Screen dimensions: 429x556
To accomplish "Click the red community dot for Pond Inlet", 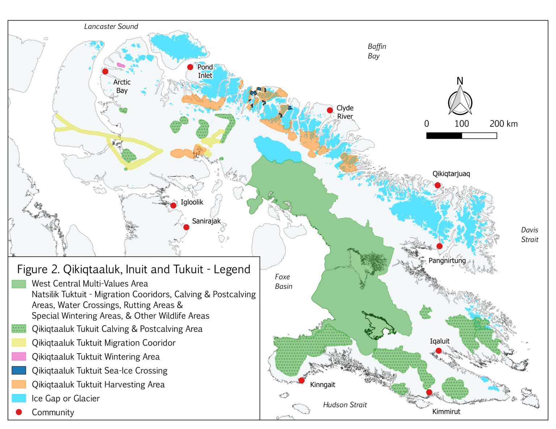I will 190,67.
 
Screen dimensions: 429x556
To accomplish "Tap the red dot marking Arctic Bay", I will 105,72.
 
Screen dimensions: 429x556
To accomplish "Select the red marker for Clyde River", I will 330,110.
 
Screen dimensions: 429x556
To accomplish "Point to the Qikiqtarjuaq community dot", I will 438,185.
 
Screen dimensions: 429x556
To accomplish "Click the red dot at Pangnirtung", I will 439,246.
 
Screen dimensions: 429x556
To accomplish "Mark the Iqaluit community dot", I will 438,351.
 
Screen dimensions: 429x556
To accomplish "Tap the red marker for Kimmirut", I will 429,392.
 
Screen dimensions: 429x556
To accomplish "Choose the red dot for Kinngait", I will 302,381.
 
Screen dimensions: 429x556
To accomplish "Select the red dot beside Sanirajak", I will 186,227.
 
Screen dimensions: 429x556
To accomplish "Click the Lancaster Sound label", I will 111,26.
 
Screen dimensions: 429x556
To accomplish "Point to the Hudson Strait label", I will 345,405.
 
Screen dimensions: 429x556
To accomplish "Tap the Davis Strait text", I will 529,235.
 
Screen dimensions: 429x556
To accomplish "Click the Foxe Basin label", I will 283,281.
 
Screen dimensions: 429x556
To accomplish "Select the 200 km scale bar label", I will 503,124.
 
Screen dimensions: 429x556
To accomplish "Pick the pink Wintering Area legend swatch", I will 19,357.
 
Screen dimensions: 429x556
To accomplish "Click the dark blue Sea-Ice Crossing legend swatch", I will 19,370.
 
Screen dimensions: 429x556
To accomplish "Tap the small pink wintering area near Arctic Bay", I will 121,65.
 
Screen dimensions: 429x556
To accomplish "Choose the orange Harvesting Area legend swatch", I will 19,384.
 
